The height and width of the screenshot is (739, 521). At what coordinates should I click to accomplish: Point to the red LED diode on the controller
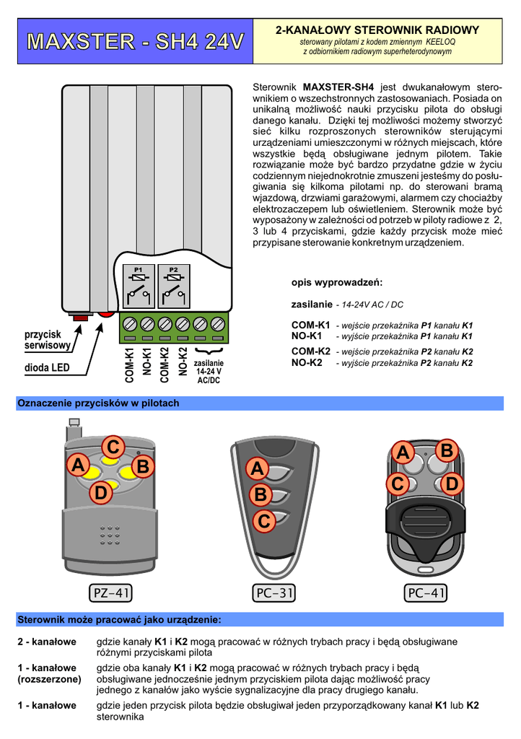point(106,314)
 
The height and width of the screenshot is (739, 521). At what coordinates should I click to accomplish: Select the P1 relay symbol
point(139,287)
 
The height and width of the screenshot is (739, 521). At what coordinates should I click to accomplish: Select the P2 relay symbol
point(173,287)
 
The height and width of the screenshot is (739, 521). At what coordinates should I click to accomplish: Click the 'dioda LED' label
point(47,367)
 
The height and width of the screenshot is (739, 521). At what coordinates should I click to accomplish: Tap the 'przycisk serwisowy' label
point(48,340)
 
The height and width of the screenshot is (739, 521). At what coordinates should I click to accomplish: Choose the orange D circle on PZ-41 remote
point(101,494)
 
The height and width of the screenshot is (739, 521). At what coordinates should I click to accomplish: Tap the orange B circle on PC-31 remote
point(260,495)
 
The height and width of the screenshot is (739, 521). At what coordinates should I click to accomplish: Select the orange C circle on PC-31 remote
point(264,520)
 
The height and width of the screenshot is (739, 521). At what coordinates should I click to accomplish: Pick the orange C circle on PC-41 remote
point(398,484)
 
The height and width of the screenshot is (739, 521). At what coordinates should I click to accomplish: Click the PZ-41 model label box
point(112,593)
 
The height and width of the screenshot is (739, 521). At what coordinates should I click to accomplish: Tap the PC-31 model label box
point(274,593)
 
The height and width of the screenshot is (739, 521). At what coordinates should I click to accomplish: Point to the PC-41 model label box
point(426,593)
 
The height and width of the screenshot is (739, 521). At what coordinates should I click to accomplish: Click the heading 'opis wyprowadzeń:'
point(337,282)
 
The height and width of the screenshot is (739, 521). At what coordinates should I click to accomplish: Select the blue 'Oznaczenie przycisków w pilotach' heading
point(98,403)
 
